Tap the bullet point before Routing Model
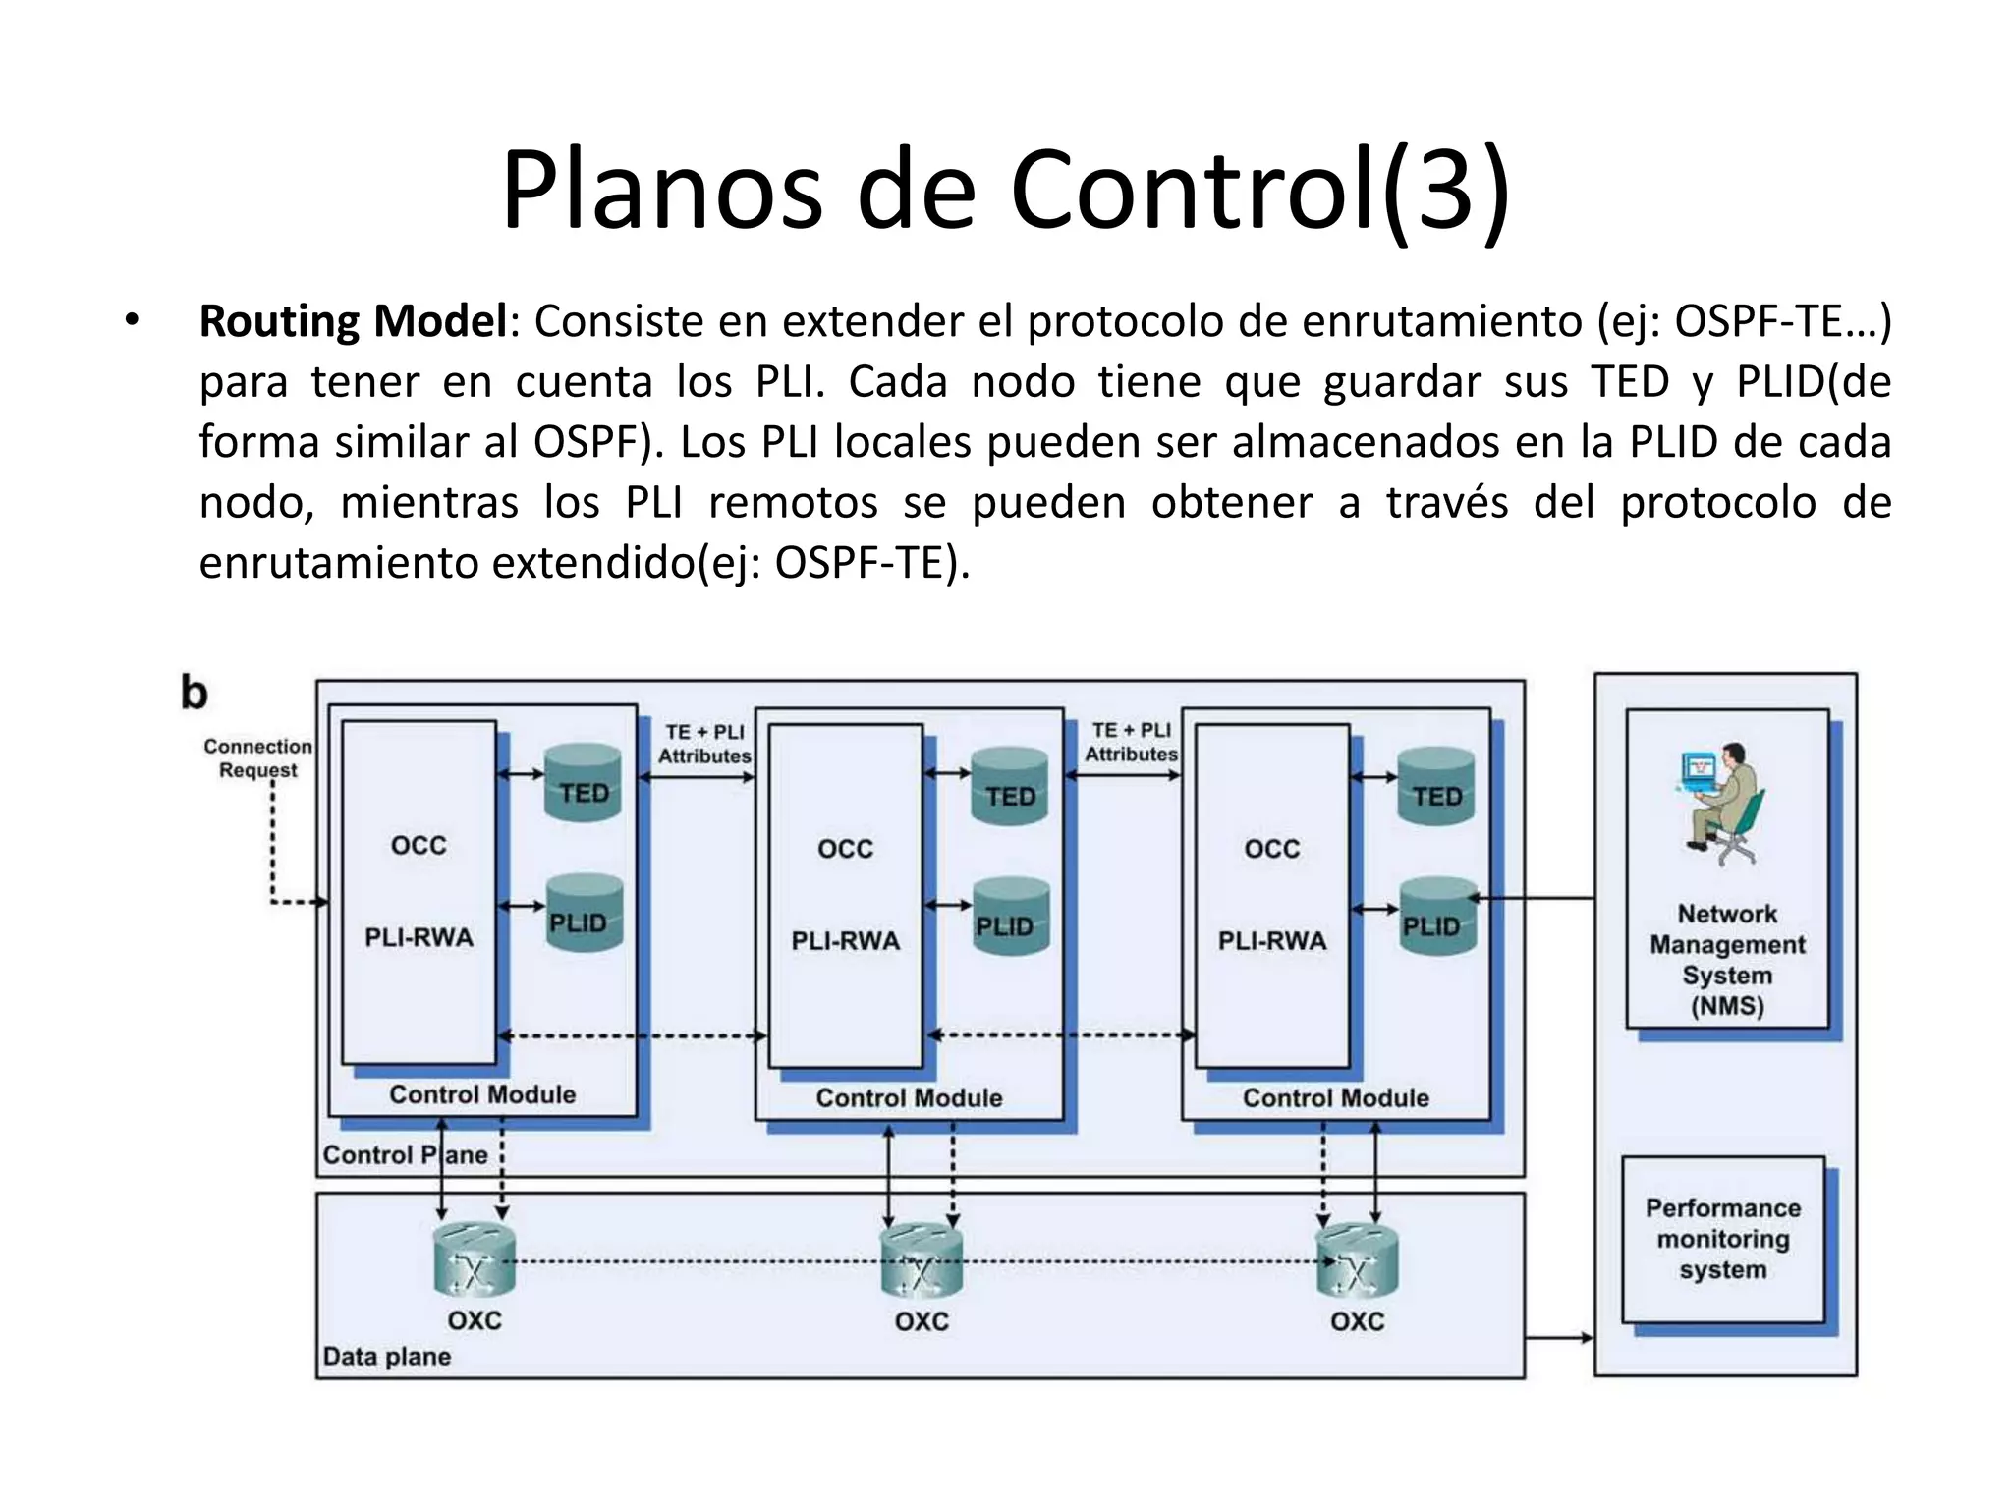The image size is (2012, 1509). [x=131, y=321]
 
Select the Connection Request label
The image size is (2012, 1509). [x=257, y=758]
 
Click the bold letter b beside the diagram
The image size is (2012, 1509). [x=195, y=694]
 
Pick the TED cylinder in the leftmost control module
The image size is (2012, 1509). [x=584, y=783]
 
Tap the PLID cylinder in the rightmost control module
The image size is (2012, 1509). [x=1436, y=918]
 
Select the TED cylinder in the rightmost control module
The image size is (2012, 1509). [x=1436, y=786]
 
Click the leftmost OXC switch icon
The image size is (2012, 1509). [x=475, y=1262]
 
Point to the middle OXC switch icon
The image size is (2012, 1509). [x=921, y=1262]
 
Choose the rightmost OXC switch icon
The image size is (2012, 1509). [x=1357, y=1262]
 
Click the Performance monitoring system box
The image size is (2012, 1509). [x=1723, y=1239]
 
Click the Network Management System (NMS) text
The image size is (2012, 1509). [x=1727, y=960]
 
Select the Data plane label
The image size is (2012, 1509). [x=387, y=1357]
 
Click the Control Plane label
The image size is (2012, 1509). [x=405, y=1154]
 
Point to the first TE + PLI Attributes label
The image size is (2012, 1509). [x=703, y=744]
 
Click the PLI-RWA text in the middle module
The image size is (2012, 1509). [x=846, y=941]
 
